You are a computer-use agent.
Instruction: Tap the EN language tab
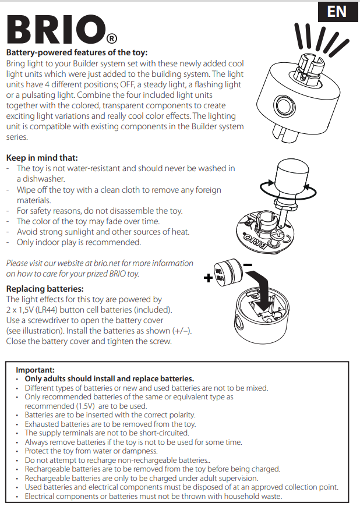click(337, 12)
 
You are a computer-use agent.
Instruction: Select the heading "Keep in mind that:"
click(42, 158)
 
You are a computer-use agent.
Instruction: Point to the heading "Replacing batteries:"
click(45, 289)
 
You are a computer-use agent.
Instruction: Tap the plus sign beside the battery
click(208, 278)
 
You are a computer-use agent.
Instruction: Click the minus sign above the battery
click(247, 265)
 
